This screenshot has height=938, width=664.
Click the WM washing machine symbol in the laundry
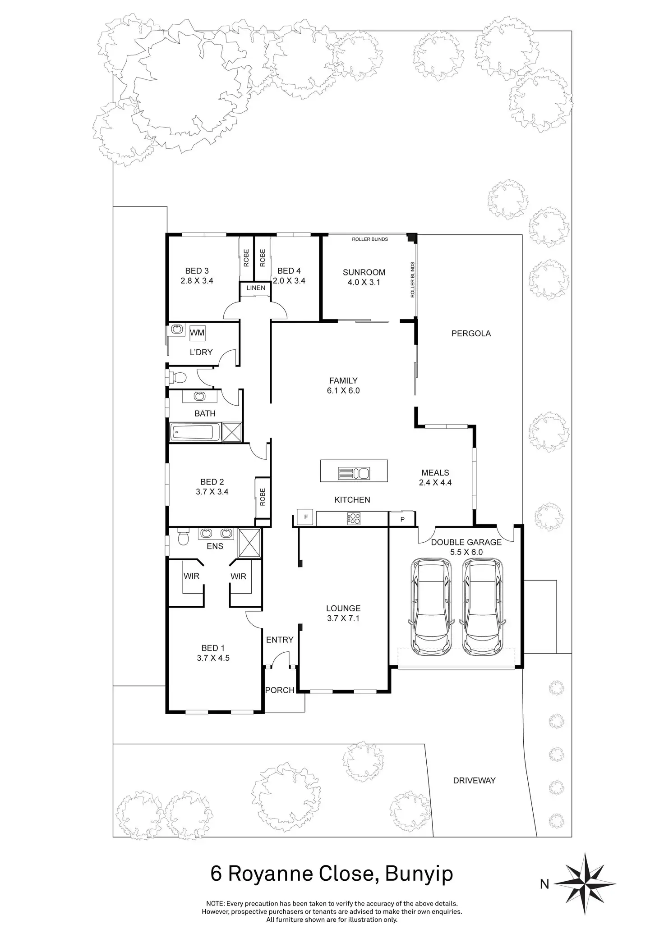tap(197, 333)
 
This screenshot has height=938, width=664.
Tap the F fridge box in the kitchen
tap(306, 517)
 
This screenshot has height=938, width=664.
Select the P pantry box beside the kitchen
tap(402, 519)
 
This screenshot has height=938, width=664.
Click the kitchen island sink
tap(354, 473)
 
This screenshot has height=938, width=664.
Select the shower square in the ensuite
tap(249, 544)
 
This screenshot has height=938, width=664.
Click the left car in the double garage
tap(431, 608)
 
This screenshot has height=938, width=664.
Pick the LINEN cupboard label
tap(256, 288)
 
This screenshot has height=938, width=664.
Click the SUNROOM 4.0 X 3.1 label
tap(364, 277)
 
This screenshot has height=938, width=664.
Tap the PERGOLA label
tap(471, 334)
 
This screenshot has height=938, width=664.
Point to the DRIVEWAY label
tap(474, 780)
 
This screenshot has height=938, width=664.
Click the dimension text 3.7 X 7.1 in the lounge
tap(343, 618)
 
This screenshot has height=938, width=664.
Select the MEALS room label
tap(435, 473)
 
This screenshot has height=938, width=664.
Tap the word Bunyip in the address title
tap(419, 874)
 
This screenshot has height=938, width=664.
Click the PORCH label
tap(280, 690)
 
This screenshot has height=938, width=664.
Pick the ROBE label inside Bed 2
tap(263, 497)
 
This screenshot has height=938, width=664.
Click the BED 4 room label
tap(289, 271)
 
